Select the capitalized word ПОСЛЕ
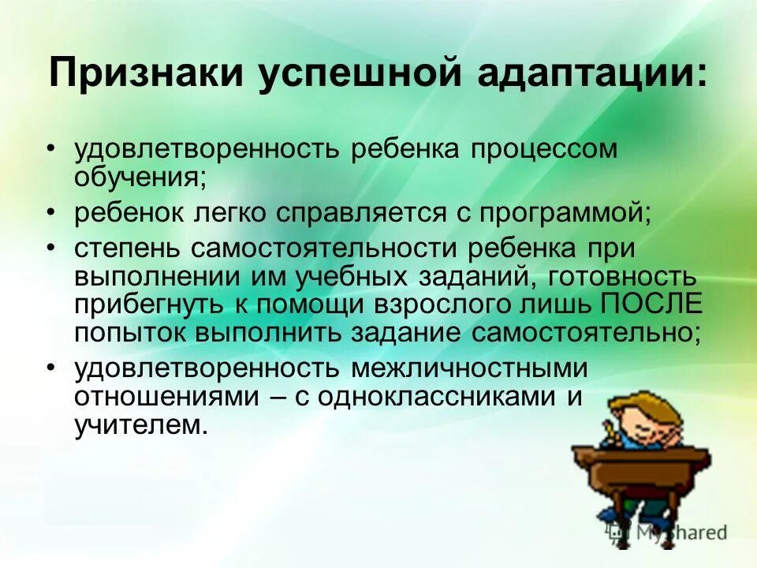[x=651, y=304]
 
